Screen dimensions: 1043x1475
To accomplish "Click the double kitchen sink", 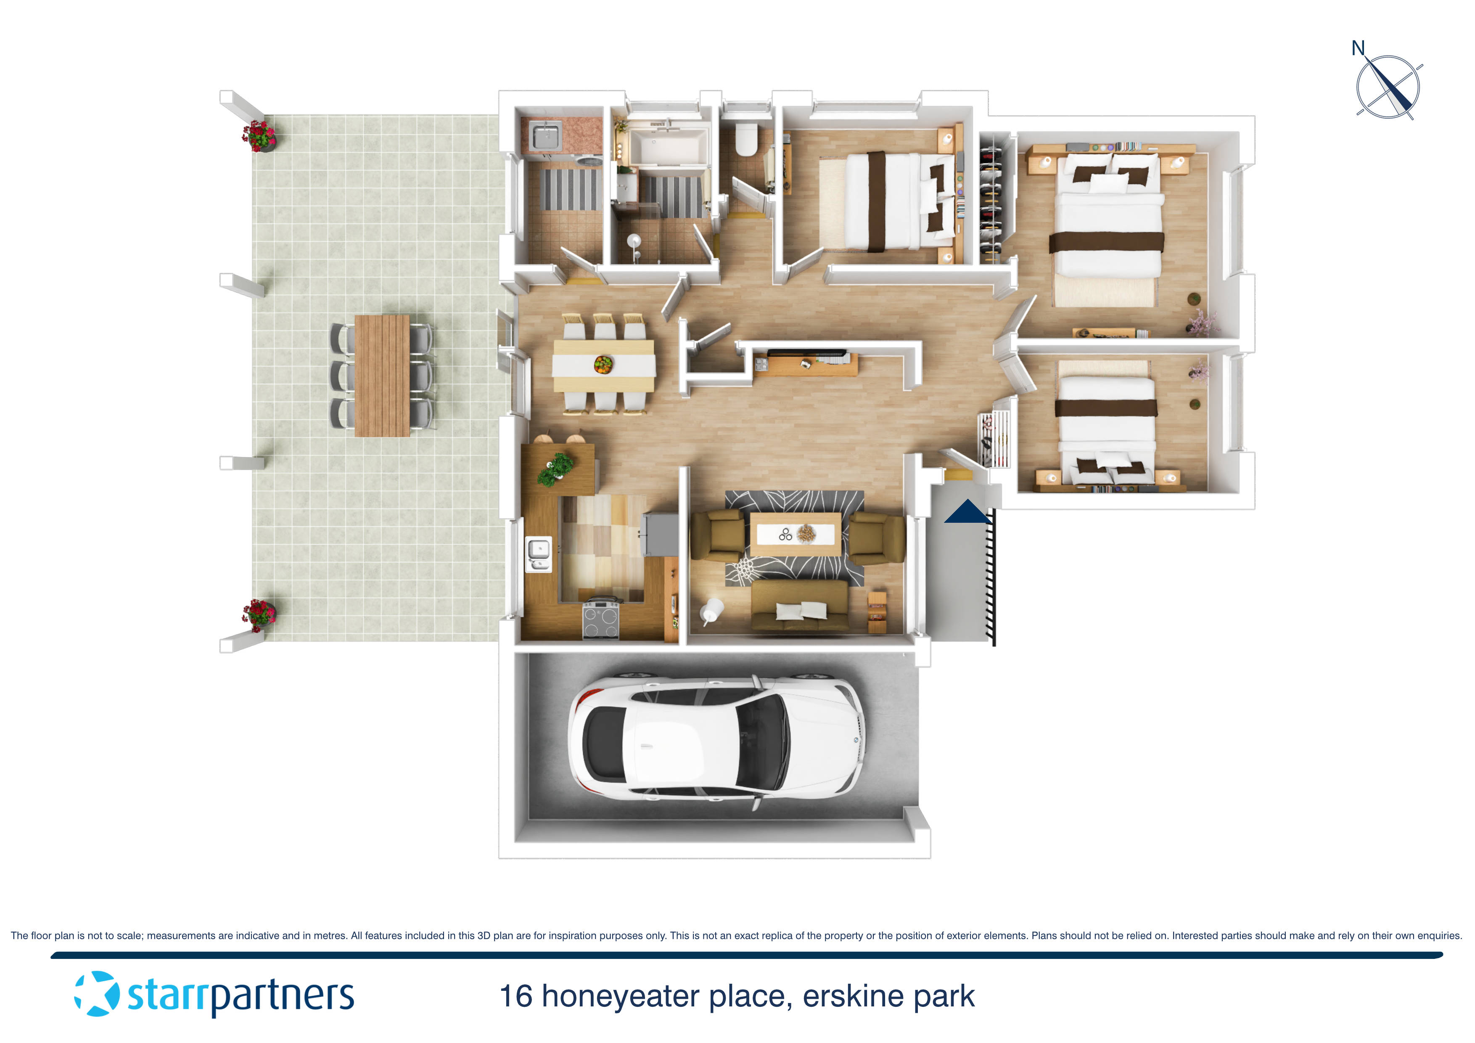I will click(538, 553).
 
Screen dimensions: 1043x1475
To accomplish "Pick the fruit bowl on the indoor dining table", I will click(603, 364).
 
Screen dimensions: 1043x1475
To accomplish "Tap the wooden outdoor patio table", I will click(382, 375).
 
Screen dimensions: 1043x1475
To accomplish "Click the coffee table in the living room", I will click(796, 533).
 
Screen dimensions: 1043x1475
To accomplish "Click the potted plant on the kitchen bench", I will click(556, 467).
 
